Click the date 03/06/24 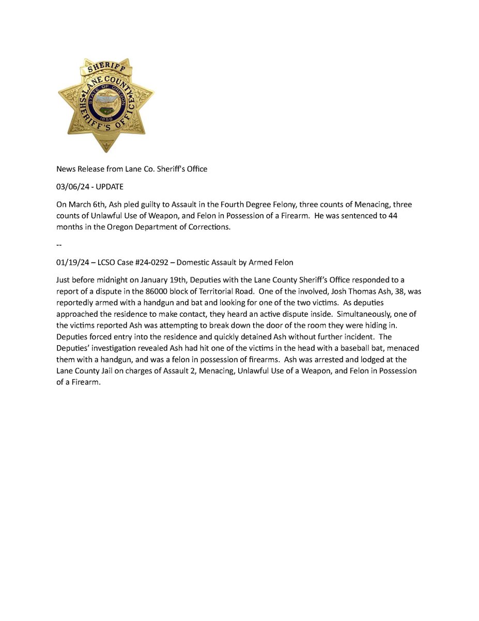coord(71,186)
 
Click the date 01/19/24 coord(71,262)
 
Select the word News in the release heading coord(66,169)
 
